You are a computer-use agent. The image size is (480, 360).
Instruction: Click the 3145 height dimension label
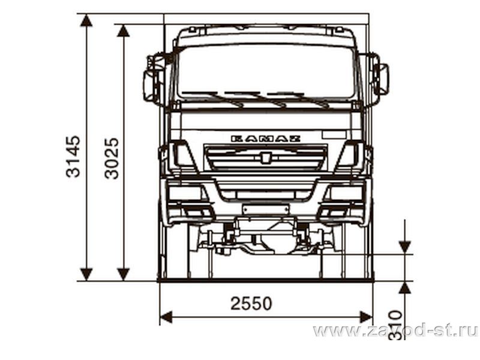[x=73, y=157]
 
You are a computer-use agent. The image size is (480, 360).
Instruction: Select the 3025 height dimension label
[x=112, y=158]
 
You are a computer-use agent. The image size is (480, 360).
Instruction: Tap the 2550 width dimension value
[x=251, y=304]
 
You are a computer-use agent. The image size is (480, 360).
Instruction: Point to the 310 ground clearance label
[x=395, y=325]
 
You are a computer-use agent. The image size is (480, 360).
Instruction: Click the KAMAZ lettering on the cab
[x=265, y=139]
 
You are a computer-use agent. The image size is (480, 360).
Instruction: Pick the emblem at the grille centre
[x=265, y=157]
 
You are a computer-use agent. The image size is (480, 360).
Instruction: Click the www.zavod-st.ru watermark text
[x=395, y=331]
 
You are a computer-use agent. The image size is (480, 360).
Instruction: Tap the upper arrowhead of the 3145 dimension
[x=86, y=20]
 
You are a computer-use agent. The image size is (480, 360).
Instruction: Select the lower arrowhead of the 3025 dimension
[x=124, y=274]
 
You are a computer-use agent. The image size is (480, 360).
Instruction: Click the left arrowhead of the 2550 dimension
[x=166, y=317]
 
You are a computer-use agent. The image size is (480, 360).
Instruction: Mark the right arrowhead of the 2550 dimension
[x=366, y=317]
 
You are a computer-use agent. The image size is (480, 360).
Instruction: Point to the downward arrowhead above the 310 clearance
[x=404, y=247]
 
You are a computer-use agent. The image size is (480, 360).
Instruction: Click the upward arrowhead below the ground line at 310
[x=404, y=288]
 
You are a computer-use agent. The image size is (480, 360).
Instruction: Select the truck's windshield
[x=266, y=73]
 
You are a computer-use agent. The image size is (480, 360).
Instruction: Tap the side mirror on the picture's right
[x=381, y=79]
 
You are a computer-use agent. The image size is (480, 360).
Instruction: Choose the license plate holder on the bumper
[x=265, y=209]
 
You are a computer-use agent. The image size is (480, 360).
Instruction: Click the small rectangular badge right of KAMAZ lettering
[x=334, y=134]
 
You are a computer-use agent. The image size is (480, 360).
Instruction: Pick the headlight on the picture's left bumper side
[x=185, y=193]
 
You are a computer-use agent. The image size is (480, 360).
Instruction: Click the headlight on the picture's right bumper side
[x=346, y=193]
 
